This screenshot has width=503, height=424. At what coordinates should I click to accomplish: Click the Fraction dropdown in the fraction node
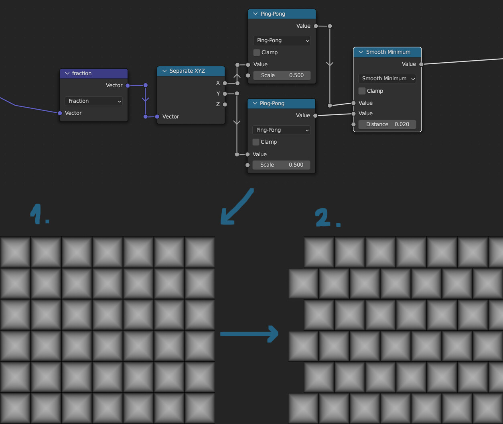pyautogui.click(x=93, y=101)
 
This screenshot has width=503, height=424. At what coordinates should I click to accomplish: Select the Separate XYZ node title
pyautogui.click(x=187, y=71)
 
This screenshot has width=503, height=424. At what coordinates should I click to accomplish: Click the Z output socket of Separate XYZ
pyautogui.click(x=225, y=104)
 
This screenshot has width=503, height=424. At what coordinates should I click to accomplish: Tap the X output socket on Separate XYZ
pyautogui.click(x=225, y=83)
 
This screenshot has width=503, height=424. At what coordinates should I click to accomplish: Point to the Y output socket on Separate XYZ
pyautogui.click(x=225, y=94)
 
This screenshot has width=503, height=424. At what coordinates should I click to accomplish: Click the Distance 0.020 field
pyautogui.click(x=387, y=124)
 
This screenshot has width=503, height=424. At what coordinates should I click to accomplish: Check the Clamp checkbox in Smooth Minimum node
pyautogui.click(x=362, y=91)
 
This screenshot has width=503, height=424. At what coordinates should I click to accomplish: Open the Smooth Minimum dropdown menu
pyautogui.click(x=387, y=79)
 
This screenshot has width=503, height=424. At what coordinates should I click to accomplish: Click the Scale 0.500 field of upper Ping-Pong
pyautogui.click(x=282, y=75)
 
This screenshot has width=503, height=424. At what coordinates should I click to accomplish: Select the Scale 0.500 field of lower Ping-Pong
pyautogui.click(x=281, y=165)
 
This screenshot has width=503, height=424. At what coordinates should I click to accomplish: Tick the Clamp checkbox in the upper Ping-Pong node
pyautogui.click(x=257, y=53)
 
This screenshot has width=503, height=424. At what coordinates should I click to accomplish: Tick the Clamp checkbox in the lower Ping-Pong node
pyautogui.click(x=256, y=142)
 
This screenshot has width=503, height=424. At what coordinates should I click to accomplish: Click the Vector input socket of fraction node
pyautogui.click(x=60, y=113)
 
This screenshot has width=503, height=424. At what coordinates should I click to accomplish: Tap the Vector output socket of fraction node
pyautogui.click(x=128, y=86)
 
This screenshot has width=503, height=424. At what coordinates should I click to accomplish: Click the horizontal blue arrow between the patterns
pyautogui.click(x=249, y=334)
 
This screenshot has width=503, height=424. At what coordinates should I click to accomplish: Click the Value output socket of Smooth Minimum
pyautogui.click(x=421, y=64)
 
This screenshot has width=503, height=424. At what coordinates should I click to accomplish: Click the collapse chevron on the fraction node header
pyautogui.click(x=67, y=73)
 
